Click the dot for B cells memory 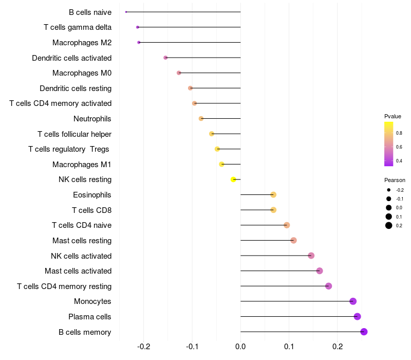coord(364,332)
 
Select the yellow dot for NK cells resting coord(233,179)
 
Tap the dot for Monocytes coord(353,301)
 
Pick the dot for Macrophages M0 coord(179,73)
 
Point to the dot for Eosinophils coord(273,195)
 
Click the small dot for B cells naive coord(126,12)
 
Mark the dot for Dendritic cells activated coord(165,58)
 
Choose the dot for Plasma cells coord(357,316)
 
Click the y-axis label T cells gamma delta coord(78,27)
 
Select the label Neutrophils coord(92,119)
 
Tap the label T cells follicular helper coord(74,134)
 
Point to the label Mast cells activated coord(78,271)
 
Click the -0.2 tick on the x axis coord(144,347)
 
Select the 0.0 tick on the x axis coord(240,347)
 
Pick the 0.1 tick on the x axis coord(289,347)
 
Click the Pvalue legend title coord(393,116)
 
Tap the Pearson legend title coord(395,180)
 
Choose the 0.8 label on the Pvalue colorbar coord(399,133)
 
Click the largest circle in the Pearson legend coord(389,225)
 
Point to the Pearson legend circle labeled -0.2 coord(389,190)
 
